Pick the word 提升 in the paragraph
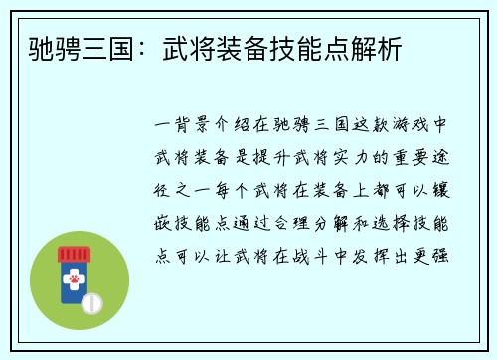tap(284, 156)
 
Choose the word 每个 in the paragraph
tap(238, 187)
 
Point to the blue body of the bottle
tap(70, 297)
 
